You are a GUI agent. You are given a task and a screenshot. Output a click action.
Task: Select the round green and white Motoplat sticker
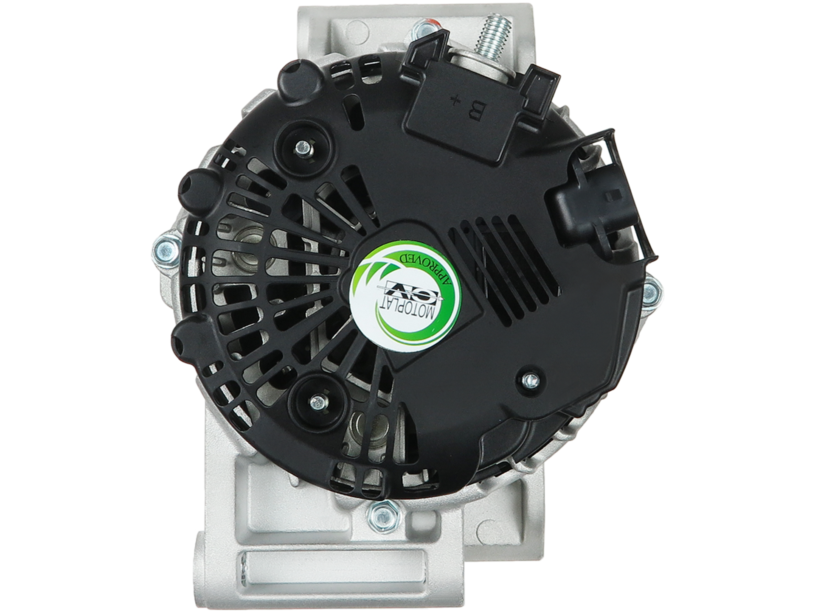pos(405,293)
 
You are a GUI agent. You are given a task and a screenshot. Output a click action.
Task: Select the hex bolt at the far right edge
pos(650,293)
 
